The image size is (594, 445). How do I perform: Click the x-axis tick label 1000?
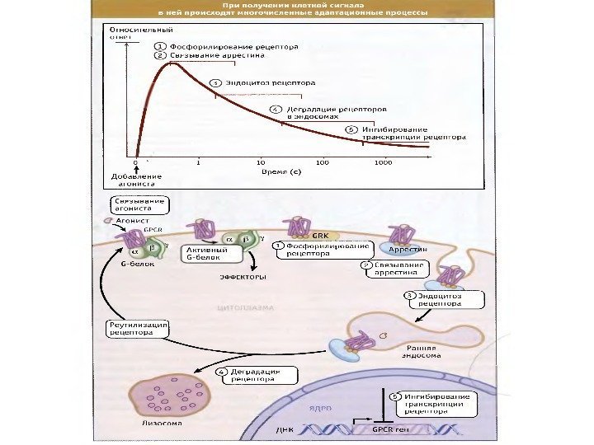coord(382,163)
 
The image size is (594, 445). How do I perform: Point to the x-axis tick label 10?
coord(261,163)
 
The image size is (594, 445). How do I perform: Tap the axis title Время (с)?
coord(280,172)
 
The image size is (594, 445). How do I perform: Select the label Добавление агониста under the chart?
coord(135,180)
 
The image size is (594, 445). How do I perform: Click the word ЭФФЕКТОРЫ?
coord(241,277)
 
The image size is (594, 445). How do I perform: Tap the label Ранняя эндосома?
coord(420,352)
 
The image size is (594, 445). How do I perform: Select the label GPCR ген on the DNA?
coord(391,429)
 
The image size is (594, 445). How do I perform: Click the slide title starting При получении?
coord(293,11)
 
